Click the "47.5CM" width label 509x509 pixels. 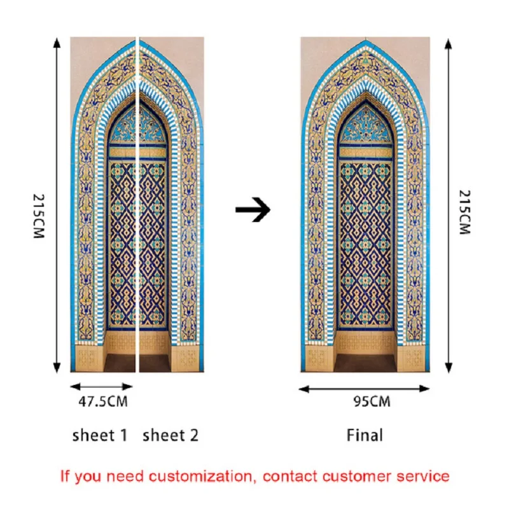click(x=102, y=401)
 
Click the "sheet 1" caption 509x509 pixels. click(x=100, y=436)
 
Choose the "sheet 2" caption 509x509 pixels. click(x=170, y=436)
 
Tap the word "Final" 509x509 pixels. click(x=365, y=436)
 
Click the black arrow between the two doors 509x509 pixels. click(x=253, y=209)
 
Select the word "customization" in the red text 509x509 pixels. click(x=198, y=476)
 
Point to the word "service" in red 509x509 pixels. click(x=423, y=476)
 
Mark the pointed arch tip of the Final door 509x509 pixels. click(x=365, y=41)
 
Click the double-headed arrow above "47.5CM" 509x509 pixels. click(x=102, y=386)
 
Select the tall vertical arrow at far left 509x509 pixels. click(x=57, y=204)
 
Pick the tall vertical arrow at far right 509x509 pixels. click(x=449, y=204)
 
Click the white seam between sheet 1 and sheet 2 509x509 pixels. click(x=137, y=204)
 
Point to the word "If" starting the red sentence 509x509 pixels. click(x=65, y=476)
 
